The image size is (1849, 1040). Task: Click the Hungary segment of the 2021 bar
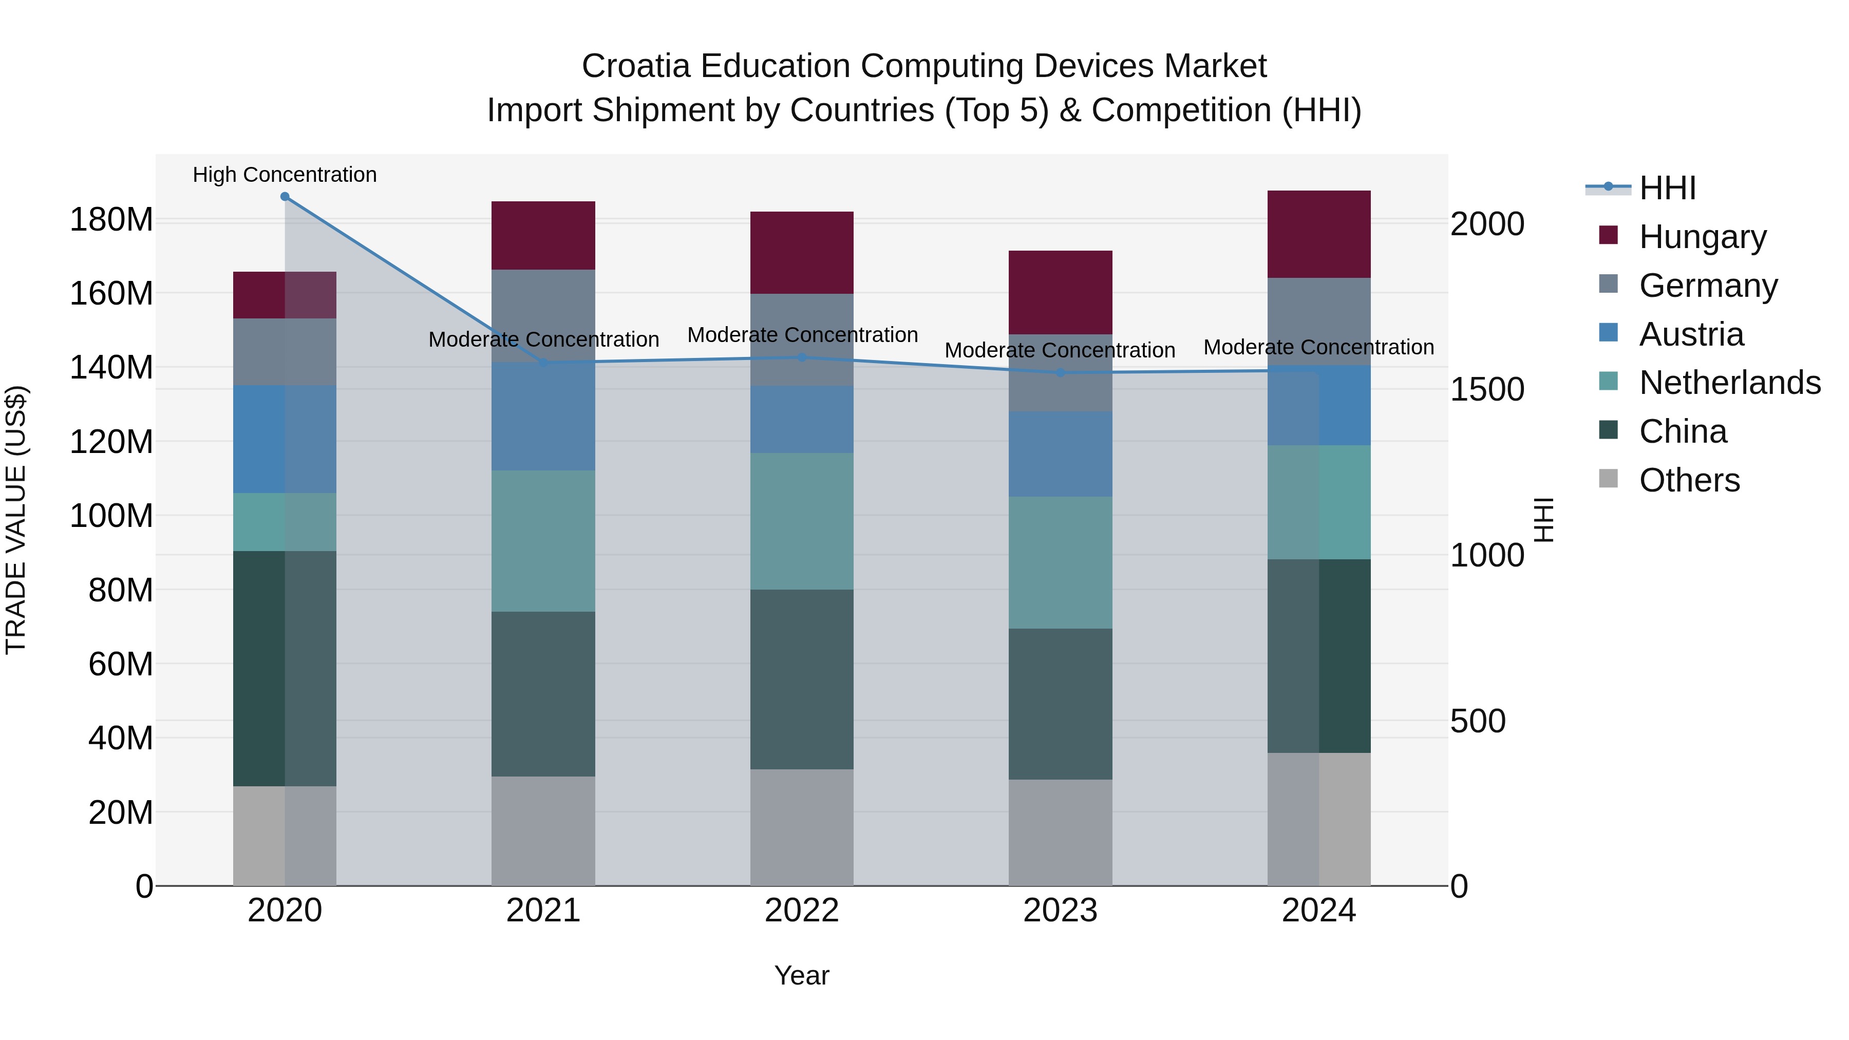point(543,235)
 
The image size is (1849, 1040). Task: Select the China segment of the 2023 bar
point(1060,704)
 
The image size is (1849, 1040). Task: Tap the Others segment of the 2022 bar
point(802,827)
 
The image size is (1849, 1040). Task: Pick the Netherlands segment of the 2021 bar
point(543,541)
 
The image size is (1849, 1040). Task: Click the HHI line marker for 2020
point(285,197)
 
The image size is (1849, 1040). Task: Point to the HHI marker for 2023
point(1060,372)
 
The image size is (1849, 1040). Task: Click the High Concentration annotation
point(285,175)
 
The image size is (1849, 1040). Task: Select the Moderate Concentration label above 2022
point(802,335)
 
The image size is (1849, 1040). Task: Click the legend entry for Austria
point(1691,334)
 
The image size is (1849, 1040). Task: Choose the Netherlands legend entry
point(1729,383)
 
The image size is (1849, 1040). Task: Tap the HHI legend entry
point(1667,188)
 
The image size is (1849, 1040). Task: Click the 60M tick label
point(121,665)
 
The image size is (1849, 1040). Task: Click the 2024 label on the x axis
point(1318,911)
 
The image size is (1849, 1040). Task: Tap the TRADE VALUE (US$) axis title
point(16,520)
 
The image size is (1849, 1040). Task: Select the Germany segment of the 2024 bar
point(1318,322)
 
